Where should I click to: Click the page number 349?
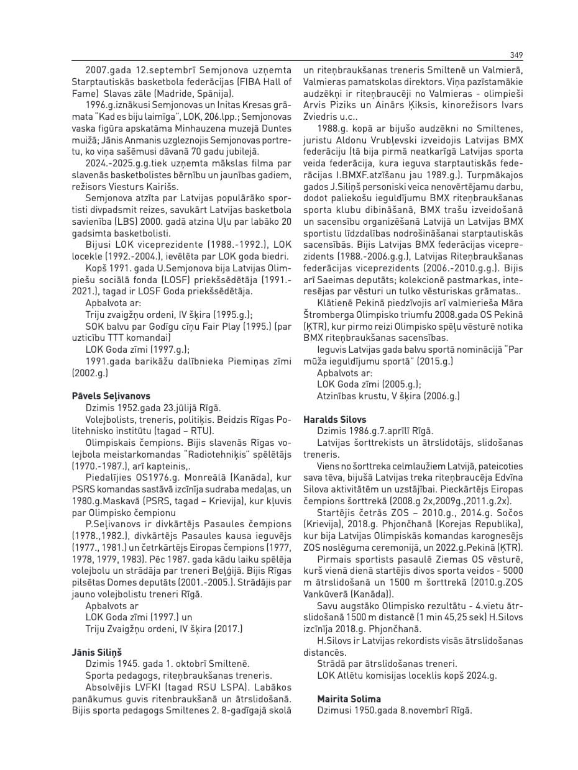click(x=516, y=55)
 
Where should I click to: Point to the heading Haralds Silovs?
click(x=334, y=420)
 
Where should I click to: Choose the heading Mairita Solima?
click(x=349, y=699)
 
